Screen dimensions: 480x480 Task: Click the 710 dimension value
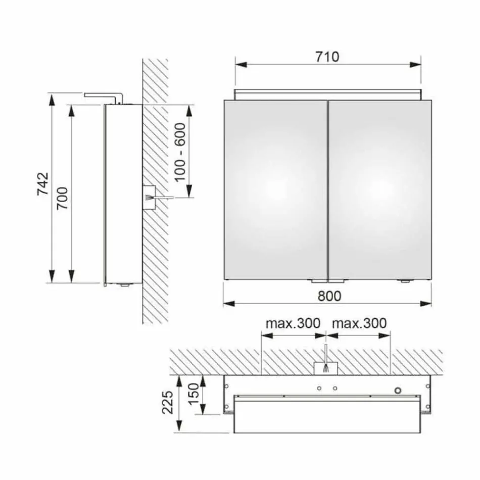pyautogui.click(x=328, y=57)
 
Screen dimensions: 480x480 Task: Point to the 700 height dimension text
pyautogui.click(x=63, y=198)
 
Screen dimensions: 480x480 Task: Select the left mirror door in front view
pyautogui.click(x=275, y=189)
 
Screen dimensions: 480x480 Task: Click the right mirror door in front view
pyautogui.click(x=380, y=189)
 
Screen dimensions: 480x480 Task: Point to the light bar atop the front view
pyautogui.click(x=328, y=94)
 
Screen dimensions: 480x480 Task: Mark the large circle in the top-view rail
pyautogui.click(x=399, y=390)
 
